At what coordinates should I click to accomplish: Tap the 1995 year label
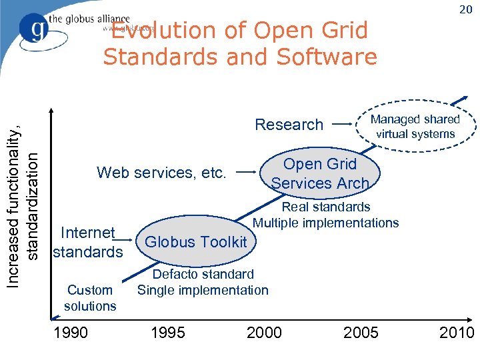(x=167, y=332)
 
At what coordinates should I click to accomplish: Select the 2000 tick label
(x=264, y=332)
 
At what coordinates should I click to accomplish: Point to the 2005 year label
(x=361, y=332)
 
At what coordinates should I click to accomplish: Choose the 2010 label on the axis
(x=457, y=332)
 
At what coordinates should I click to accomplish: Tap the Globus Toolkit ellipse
(x=195, y=241)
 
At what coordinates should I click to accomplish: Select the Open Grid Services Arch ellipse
(x=320, y=173)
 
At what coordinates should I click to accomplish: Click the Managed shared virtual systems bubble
(x=415, y=126)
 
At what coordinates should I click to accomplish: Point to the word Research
(x=289, y=125)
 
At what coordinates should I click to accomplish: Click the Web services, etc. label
(x=161, y=173)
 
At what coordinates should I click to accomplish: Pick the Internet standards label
(x=87, y=242)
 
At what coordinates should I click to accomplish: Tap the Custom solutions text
(x=90, y=298)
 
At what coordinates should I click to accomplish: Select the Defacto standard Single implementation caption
(x=203, y=282)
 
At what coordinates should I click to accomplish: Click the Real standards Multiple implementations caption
(x=326, y=215)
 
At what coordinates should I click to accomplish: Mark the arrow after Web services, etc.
(x=248, y=173)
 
